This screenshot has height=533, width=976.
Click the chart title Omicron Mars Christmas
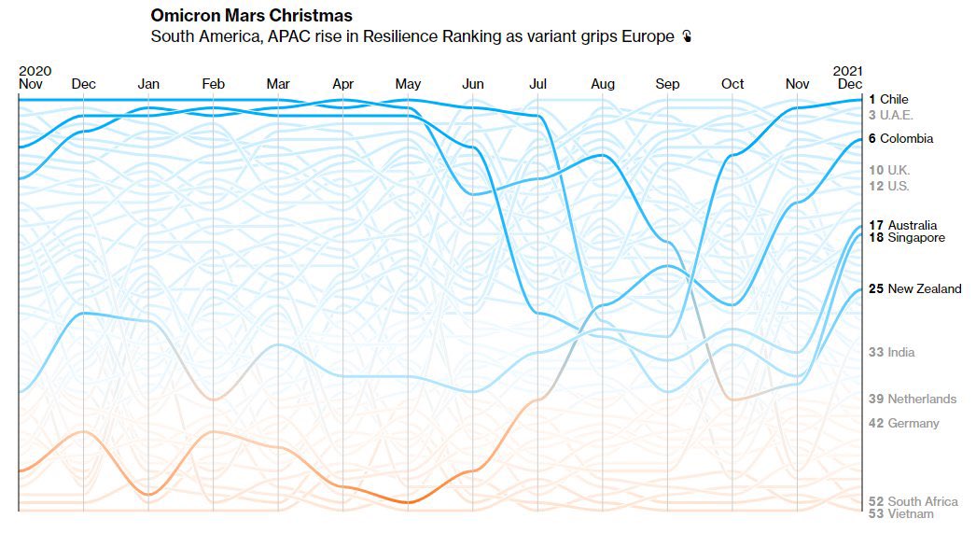[252, 16]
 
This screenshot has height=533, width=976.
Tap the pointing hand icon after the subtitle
[687, 36]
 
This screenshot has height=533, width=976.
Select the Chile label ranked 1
[888, 99]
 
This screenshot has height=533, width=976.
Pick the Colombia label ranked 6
[900, 139]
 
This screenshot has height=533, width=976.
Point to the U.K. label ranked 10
[889, 170]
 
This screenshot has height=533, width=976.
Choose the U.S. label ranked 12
[889, 186]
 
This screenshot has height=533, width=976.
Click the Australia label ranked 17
[902, 225]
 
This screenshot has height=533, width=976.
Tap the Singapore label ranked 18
[907, 238]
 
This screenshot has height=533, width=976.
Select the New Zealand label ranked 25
[915, 289]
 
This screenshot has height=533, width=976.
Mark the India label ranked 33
[891, 353]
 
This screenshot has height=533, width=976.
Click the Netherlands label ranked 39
[913, 400]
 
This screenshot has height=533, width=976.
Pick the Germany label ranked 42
[904, 424]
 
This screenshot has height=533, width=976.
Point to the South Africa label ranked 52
[913, 502]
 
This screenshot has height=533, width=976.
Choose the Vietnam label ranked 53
[900, 514]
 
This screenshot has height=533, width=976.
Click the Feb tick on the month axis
[214, 84]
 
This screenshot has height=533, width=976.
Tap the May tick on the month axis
[409, 84]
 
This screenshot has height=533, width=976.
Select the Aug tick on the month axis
[603, 84]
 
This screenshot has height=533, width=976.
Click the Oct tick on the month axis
[732, 84]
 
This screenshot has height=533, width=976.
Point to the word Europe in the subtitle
[648, 36]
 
